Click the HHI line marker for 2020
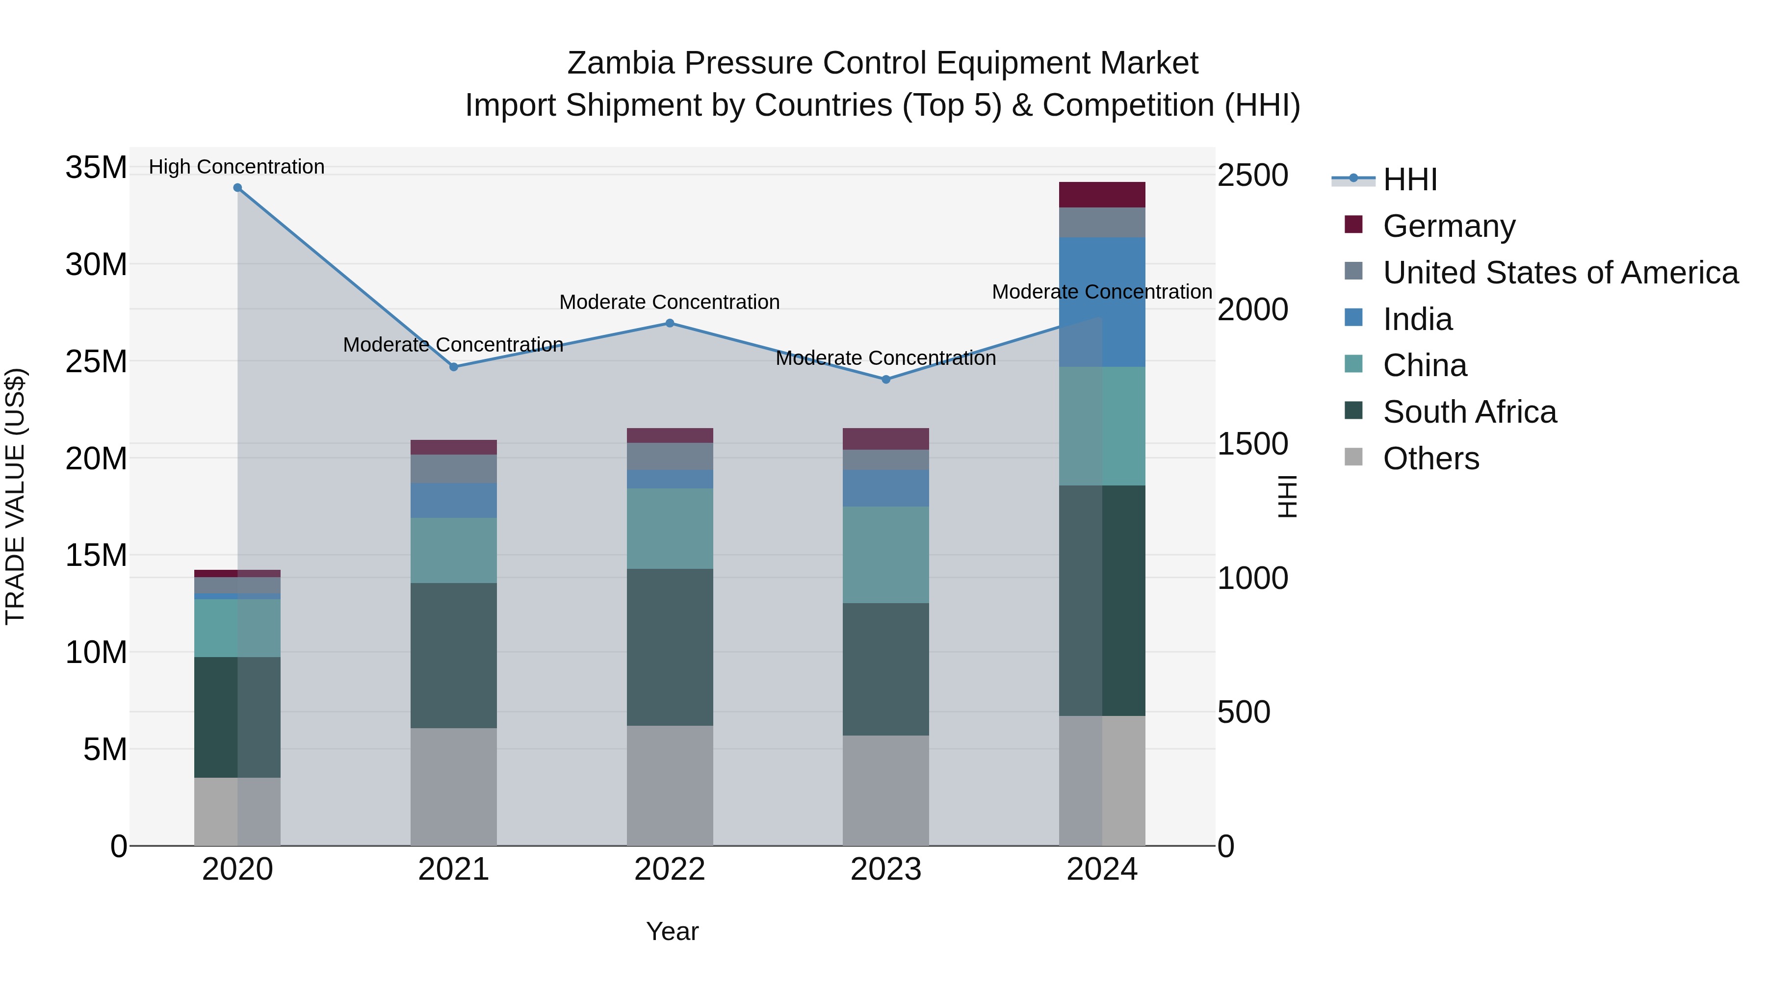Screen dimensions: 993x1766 point(237,188)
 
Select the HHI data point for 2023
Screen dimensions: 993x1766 point(886,379)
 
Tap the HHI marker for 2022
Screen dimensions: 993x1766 point(670,324)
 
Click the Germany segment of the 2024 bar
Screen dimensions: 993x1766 point(1102,195)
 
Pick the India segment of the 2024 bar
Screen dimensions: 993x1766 point(1102,302)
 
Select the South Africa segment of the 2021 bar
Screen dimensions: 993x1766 point(453,655)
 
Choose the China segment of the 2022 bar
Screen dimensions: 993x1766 point(670,528)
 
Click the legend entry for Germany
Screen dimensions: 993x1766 point(1449,226)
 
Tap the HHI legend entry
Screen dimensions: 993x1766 point(1409,179)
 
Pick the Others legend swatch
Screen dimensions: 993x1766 point(1353,457)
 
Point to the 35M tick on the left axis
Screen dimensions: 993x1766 point(96,167)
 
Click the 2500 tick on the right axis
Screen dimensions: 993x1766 point(1252,176)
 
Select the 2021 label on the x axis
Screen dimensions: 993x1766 point(453,869)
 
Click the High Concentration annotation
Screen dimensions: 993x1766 point(236,167)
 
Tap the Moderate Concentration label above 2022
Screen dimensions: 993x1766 point(669,302)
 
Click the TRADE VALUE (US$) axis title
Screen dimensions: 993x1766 point(15,496)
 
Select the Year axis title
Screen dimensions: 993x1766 point(672,931)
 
